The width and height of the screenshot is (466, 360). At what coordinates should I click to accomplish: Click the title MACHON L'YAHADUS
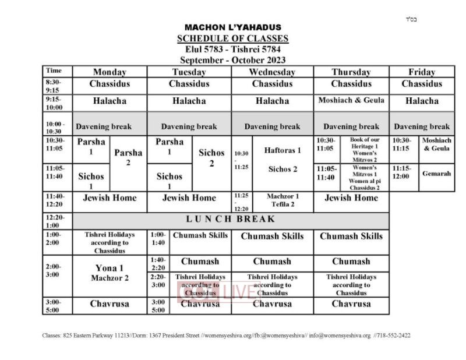[232, 27]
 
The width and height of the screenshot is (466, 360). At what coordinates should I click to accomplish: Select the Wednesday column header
[272, 72]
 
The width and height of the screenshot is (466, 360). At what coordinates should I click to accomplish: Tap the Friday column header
[422, 72]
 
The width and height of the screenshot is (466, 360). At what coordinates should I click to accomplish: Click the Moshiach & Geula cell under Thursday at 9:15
[351, 100]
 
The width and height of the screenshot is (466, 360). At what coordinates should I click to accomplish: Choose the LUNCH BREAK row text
[230, 220]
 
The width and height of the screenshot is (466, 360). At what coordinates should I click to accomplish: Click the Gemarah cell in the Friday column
[436, 174]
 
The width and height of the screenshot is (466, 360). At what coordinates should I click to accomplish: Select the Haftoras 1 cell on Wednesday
[283, 150]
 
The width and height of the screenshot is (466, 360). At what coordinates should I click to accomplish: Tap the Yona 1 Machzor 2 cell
[110, 273]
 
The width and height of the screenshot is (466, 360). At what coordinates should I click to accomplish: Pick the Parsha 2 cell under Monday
[128, 157]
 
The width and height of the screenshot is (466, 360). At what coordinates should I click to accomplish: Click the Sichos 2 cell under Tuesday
[211, 157]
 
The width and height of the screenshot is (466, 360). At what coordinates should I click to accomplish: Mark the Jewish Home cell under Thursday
[351, 198]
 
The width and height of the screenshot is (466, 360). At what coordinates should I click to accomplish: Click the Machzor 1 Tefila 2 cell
[283, 200]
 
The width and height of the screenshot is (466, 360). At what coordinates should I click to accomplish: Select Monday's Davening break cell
[110, 126]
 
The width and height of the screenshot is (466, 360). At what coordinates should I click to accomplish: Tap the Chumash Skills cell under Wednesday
[272, 237]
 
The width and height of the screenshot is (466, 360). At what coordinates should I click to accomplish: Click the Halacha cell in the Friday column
[422, 101]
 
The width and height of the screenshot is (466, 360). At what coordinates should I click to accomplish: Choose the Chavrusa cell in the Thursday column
[351, 303]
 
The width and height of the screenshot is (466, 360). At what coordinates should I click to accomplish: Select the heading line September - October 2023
[232, 60]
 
